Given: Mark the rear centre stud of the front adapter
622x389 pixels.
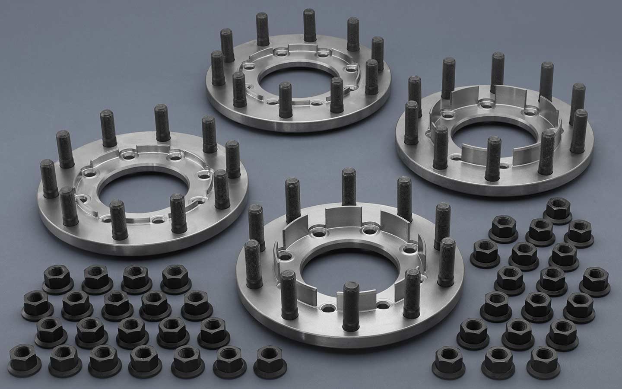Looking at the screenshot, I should [348, 186].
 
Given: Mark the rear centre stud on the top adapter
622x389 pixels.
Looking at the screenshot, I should [308, 26].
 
